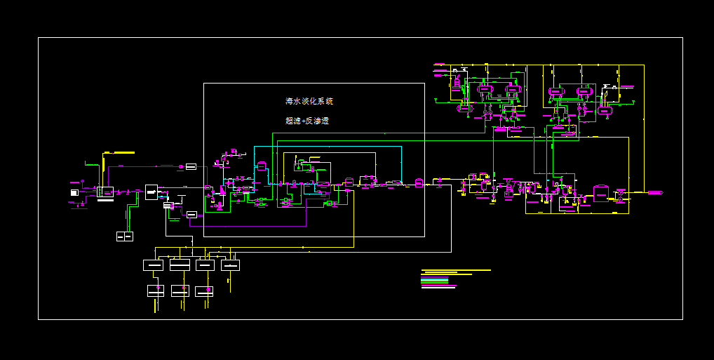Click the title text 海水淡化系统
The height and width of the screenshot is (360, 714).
pyautogui.click(x=309, y=101)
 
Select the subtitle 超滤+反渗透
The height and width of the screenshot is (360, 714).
pyautogui.click(x=307, y=121)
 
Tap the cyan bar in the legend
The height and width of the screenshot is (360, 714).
pyautogui.click(x=435, y=279)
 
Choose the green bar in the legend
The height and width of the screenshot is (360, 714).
pyautogui.click(x=435, y=281)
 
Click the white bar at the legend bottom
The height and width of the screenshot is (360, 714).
pyautogui.click(x=438, y=288)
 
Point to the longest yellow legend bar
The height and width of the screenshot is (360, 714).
pyautogui.click(x=456, y=270)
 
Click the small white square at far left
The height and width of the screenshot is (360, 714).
pyautogui.click(x=74, y=192)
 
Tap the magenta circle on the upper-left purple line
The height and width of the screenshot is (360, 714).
pyautogui.click(x=181, y=166)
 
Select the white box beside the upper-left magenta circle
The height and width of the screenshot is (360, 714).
pyautogui.click(x=191, y=166)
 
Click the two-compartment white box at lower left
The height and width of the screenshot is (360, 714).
pyautogui.click(x=124, y=236)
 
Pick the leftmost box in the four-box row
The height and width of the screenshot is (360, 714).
pyautogui.click(x=153, y=265)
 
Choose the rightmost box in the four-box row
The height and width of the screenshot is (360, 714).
pyautogui.click(x=230, y=265)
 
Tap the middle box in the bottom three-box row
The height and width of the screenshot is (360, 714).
pyautogui.click(x=180, y=291)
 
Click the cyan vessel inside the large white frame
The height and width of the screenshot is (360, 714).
pyautogui.click(x=262, y=167)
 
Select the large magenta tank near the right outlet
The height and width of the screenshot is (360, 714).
pyautogui.click(x=601, y=193)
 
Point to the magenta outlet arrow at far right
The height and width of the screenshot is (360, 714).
pyautogui.click(x=654, y=192)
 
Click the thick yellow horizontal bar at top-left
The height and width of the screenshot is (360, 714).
pyautogui.click(x=119, y=152)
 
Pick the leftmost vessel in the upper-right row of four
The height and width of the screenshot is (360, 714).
pyautogui.click(x=485, y=91)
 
